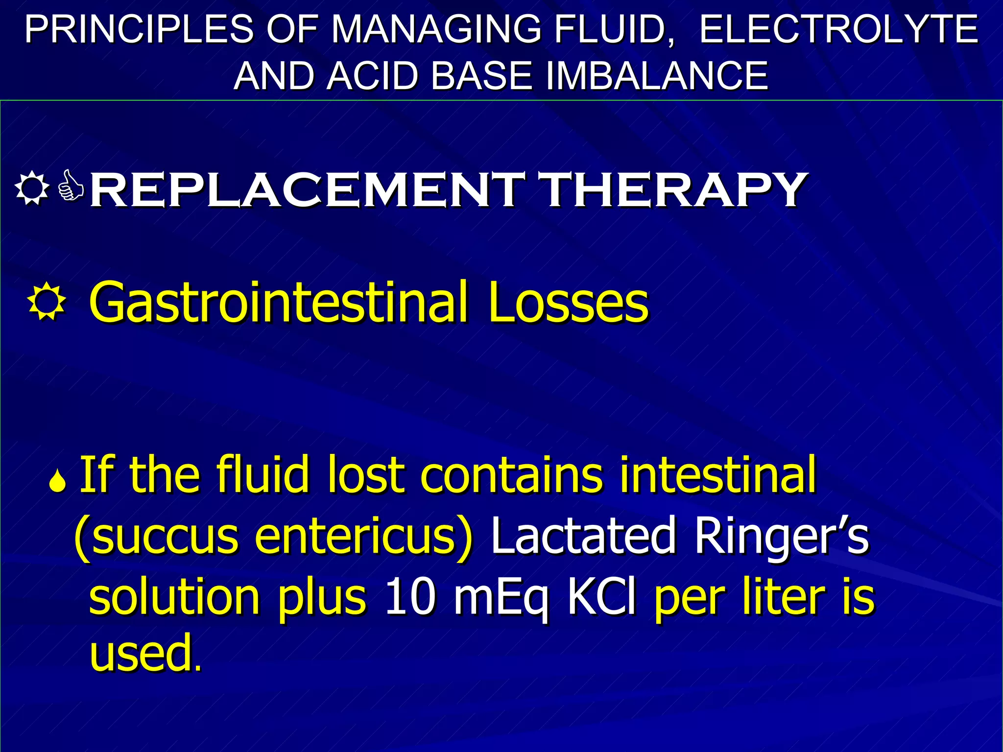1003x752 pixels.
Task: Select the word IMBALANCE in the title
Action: tap(656, 76)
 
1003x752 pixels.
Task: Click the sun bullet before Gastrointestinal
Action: tap(47, 301)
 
